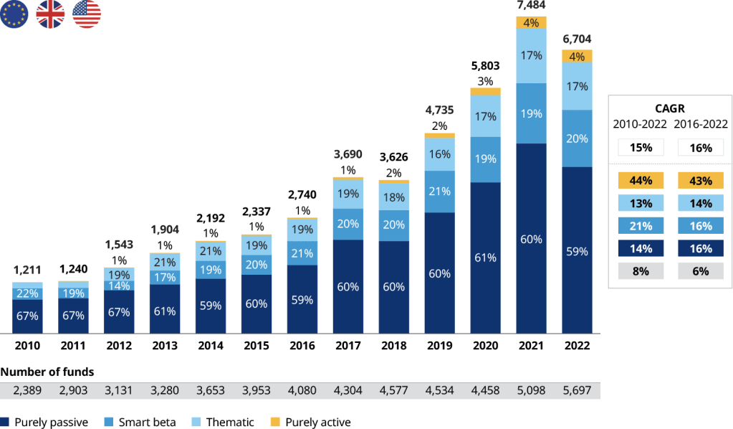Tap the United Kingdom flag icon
[x=51, y=14]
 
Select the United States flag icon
[x=87, y=14]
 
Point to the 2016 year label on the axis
[x=302, y=345]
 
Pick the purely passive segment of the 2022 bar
[x=577, y=251]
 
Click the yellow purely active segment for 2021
[x=531, y=23]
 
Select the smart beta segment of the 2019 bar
[x=439, y=192]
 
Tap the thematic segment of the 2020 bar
[x=485, y=115]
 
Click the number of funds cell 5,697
[x=577, y=390]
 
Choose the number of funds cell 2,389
[x=27, y=390]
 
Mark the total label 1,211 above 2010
[x=27, y=271]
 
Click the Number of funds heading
[x=47, y=372]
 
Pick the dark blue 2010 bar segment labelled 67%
[x=27, y=316]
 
